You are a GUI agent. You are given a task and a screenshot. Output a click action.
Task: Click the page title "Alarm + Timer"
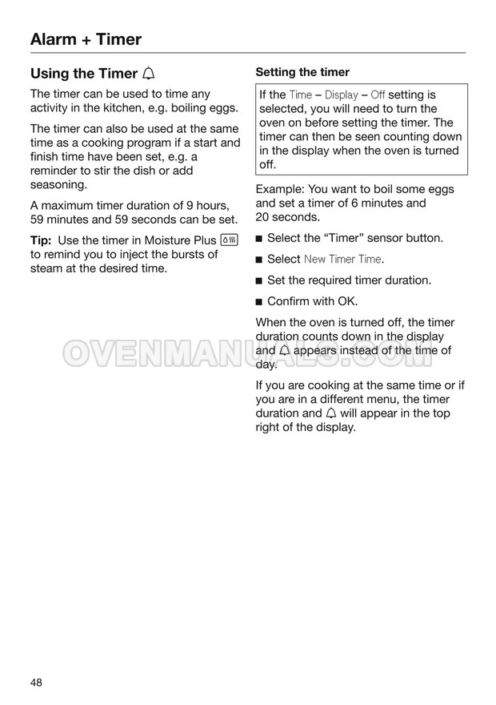tap(86, 38)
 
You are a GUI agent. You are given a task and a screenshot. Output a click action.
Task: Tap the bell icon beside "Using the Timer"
tap(149, 74)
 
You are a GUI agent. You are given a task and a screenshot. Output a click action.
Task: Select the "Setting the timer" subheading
tap(302, 72)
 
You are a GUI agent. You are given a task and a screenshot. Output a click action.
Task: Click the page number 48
tap(37, 683)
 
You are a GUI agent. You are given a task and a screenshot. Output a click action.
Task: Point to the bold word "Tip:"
tap(41, 240)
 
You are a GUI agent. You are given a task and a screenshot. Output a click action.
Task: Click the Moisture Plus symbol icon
tap(229, 240)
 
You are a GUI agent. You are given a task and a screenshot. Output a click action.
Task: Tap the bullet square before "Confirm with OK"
tap(258, 302)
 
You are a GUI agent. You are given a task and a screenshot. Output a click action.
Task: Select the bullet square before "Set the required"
tap(258, 281)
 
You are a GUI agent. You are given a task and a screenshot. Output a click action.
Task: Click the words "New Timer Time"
tap(342, 260)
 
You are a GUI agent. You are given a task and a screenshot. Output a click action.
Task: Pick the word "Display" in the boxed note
tap(341, 95)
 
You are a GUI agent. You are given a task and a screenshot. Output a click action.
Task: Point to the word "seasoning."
tap(58, 185)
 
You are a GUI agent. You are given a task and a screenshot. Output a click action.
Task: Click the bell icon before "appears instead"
tap(286, 351)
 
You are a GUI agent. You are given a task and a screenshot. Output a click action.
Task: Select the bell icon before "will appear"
tap(331, 413)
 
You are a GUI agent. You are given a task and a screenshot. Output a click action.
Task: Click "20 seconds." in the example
tap(287, 217)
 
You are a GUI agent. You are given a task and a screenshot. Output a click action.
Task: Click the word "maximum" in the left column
tap(72, 205)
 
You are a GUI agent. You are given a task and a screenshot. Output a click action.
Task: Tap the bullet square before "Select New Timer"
tap(258, 260)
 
